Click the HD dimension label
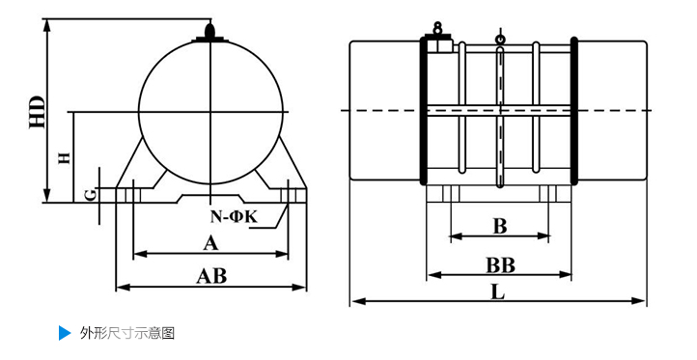click(x=38, y=112)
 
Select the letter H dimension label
click(x=65, y=157)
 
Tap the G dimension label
click(x=91, y=195)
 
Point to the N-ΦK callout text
click(x=234, y=217)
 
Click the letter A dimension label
click(x=211, y=243)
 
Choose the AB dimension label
click(x=211, y=276)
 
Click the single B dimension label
click(x=500, y=226)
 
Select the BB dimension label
click(x=500, y=265)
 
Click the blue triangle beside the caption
click(x=65, y=333)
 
